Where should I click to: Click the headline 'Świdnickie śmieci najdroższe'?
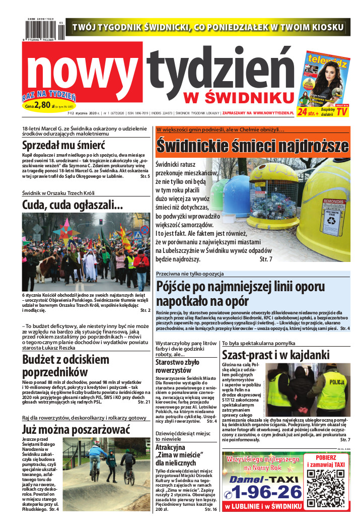[252, 145]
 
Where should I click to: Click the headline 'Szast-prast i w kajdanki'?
[275, 355]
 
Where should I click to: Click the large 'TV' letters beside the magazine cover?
[342, 111]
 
